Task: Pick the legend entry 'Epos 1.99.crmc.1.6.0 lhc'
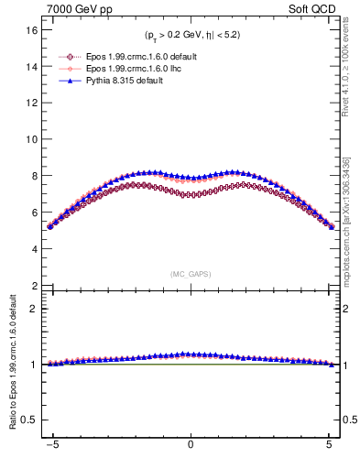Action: [137, 68]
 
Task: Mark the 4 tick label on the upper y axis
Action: [36, 249]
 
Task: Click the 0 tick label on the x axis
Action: [191, 444]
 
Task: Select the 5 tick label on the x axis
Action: [330, 444]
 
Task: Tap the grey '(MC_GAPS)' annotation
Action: [191, 274]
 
